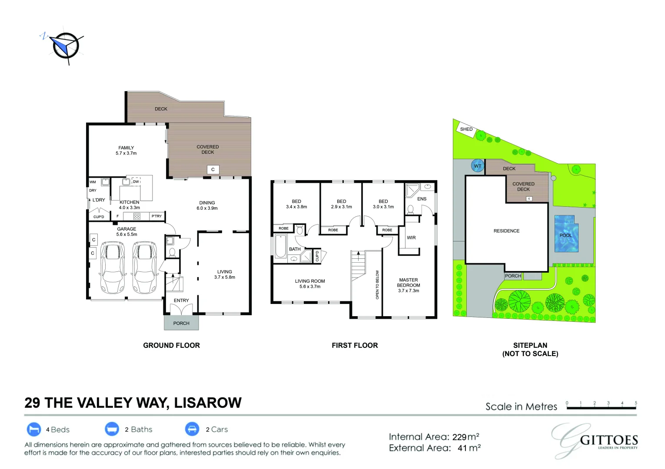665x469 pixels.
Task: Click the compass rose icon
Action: (x=65, y=46)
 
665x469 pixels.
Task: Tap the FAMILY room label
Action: (x=126, y=148)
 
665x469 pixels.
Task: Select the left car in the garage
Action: (x=113, y=268)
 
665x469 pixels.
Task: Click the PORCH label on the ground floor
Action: (x=181, y=323)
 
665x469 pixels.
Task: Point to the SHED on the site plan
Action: (x=466, y=129)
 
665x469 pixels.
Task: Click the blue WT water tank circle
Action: (x=478, y=166)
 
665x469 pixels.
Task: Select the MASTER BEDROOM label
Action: (x=409, y=282)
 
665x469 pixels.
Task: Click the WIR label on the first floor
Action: (x=411, y=238)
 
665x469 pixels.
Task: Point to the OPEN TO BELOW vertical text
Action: (x=377, y=284)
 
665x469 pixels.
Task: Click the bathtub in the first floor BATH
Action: (x=280, y=246)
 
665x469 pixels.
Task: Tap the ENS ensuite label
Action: (x=422, y=199)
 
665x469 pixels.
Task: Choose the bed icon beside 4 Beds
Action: (x=34, y=429)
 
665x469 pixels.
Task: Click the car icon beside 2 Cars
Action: (x=192, y=429)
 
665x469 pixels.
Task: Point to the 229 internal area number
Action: (x=459, y=437)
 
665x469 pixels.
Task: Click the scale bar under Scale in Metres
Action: (x=602, y=408)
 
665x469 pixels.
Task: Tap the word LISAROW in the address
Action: (x=208, y=403)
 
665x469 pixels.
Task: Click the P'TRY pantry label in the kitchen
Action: (x=157, y=216)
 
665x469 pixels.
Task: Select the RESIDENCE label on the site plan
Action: (x=506, y=231)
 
